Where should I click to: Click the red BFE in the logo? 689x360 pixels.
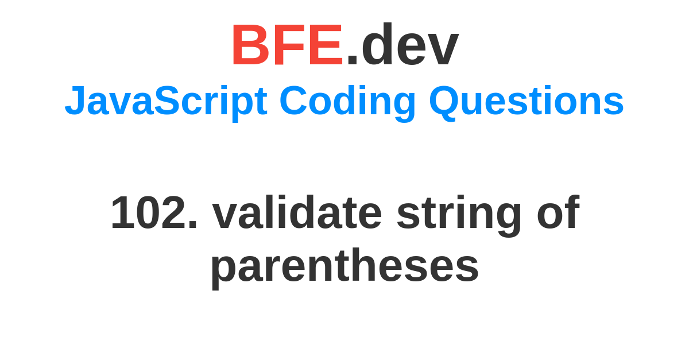(287, 45)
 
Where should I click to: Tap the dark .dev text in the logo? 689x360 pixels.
(403, 44)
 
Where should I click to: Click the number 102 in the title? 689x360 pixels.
(149, 212)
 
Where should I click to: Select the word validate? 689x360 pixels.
(297, 212)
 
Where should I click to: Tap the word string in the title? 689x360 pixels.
(459, 215)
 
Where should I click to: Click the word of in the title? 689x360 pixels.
(558, 212)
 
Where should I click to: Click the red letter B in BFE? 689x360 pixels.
(251, 45)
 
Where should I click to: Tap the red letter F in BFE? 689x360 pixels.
(289, 45)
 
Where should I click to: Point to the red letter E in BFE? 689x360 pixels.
(326, 45)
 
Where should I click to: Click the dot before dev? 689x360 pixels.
(352, 60)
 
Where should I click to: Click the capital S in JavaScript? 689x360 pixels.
(167, 100)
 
